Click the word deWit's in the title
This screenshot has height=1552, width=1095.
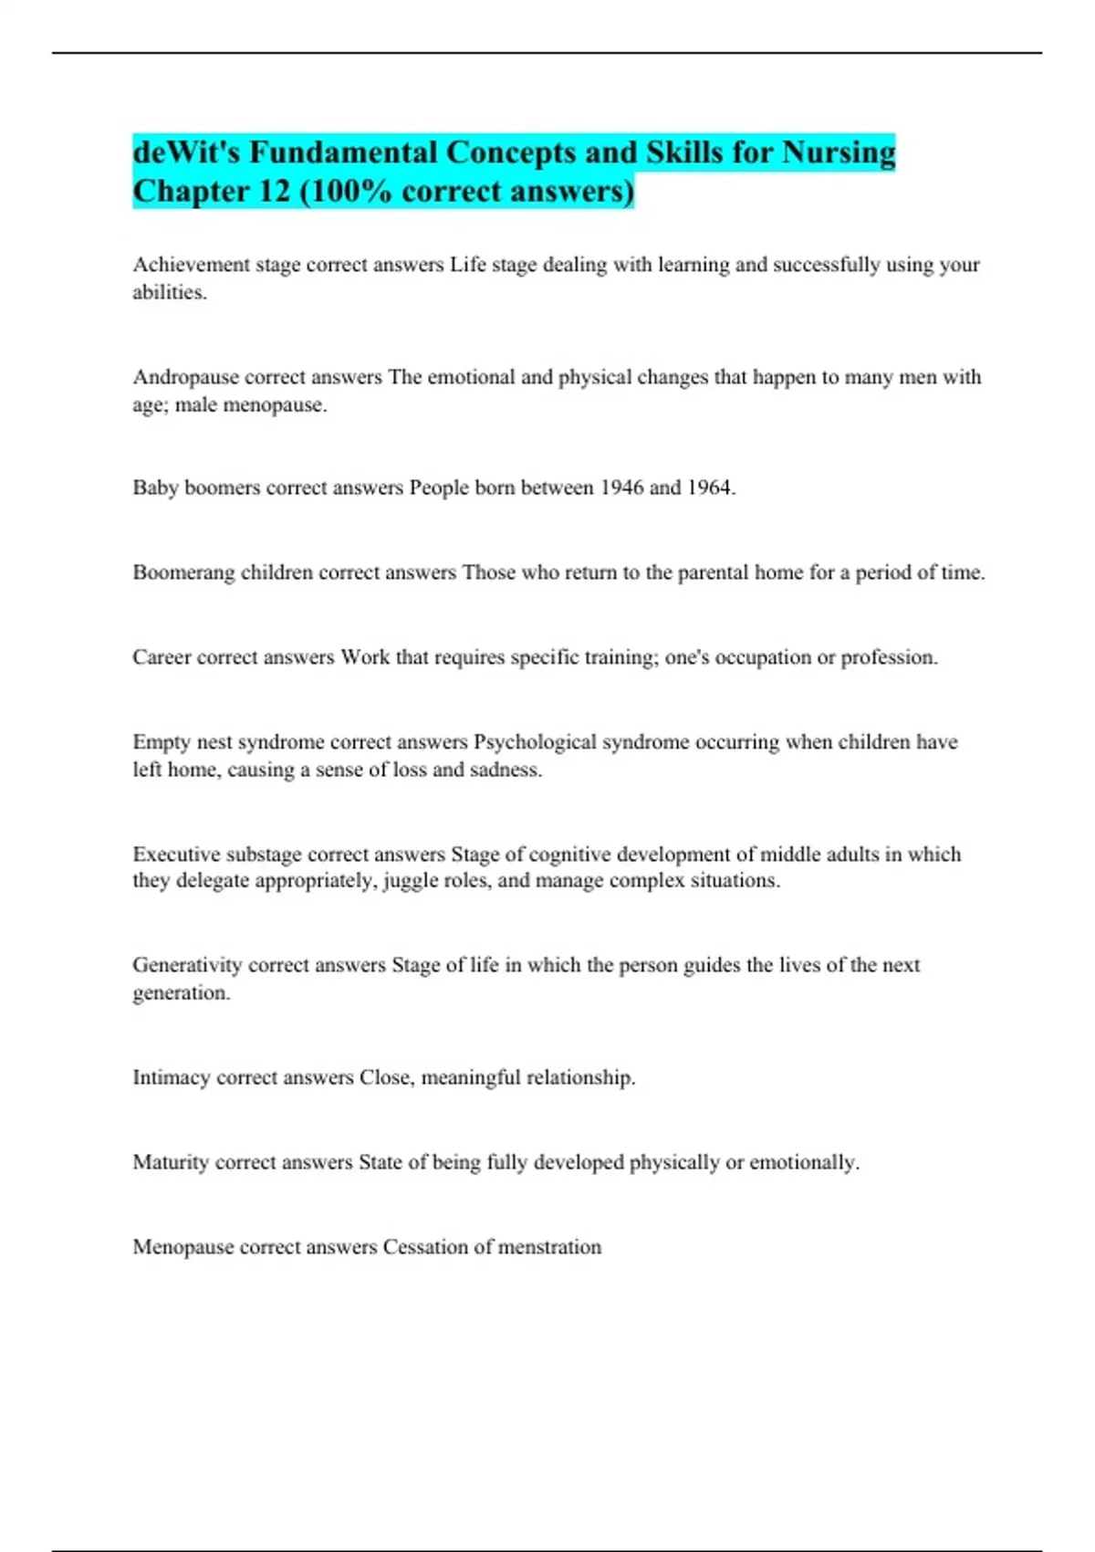[x=186, y=152]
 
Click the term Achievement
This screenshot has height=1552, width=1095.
[x=191, y=265]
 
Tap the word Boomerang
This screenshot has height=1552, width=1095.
[x=183, y=572]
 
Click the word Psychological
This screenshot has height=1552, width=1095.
[x=535, y=742]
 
